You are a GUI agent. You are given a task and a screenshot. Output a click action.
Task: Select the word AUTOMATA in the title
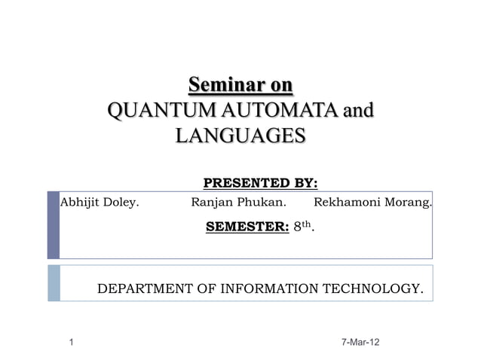tap(268, 112)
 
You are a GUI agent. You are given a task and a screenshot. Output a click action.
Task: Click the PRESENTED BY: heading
tap(261, 183)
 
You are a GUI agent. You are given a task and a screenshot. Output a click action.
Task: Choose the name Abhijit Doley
tap(99, 202)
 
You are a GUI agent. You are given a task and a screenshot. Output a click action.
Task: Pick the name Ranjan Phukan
tap(238, 202)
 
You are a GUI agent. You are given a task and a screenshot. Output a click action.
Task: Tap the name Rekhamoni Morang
tap(373, 202)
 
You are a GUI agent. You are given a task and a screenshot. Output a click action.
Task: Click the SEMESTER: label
tap(247, 225)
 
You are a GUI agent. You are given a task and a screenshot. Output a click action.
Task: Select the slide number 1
tap(69, 343)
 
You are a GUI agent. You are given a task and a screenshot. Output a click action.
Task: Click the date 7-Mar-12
tap(360, 343)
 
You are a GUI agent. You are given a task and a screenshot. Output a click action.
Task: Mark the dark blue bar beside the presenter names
tap(53, 225)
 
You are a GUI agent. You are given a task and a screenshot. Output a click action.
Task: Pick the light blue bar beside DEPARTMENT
tap(53, 283)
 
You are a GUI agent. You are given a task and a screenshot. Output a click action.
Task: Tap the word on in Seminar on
tap(278, 84)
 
